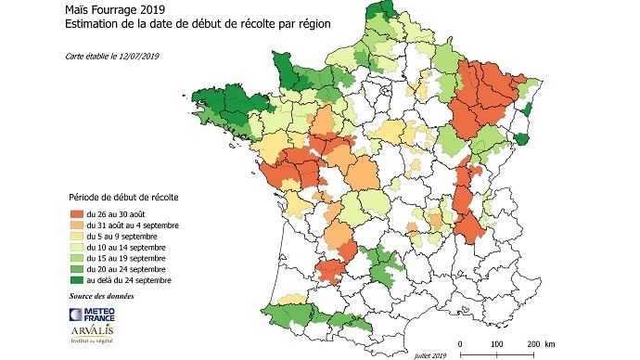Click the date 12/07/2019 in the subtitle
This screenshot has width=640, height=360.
tap(135, 57)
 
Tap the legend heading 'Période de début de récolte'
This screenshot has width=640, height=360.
tap(124, 198)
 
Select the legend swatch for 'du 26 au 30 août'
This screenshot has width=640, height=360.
tap(77, 213)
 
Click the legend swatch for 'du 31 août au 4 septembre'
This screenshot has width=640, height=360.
tap(77, 225)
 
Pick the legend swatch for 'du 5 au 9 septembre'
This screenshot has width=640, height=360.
tap(77, 236)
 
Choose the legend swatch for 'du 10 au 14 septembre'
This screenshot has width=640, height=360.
tap(77, 247)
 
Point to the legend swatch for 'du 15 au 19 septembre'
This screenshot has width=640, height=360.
tap(77, 258)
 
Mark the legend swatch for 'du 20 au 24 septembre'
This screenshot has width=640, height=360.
tap(77, 269)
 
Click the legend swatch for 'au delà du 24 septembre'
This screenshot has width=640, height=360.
tap(77, 280)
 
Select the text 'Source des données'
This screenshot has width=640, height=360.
tap(101, 296)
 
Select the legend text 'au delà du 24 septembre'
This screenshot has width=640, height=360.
tap(131, 280)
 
